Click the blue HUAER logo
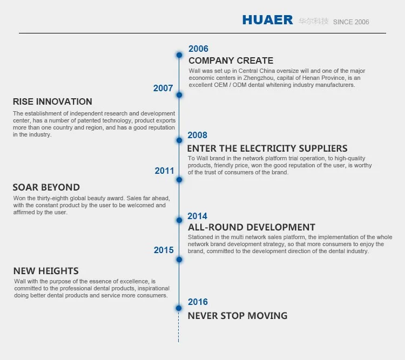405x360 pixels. (268, 20)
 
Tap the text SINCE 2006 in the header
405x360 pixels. (351, 22)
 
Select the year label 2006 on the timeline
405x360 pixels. (198, 49)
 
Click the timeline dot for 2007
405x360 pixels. (179, 95)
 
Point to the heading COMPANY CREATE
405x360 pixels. (231, 60)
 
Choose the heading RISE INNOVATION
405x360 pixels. (52, 101)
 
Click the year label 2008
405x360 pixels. (197, 135)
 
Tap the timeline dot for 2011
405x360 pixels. (179, 180)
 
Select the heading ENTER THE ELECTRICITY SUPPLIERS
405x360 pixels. (267, 148)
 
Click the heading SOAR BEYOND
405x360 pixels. (46, 187)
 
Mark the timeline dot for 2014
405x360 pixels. (179, 220)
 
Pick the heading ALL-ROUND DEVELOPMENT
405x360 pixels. (252, 227)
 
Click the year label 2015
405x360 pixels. (164, 250)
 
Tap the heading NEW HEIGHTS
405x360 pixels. (46, 271)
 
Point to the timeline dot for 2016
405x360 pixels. (179, 308)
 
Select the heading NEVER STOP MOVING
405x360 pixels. (238, 316)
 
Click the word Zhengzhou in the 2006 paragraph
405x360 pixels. (258, 78)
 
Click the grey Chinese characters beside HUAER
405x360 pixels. (313, 21)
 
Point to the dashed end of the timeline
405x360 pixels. (179, 342)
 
